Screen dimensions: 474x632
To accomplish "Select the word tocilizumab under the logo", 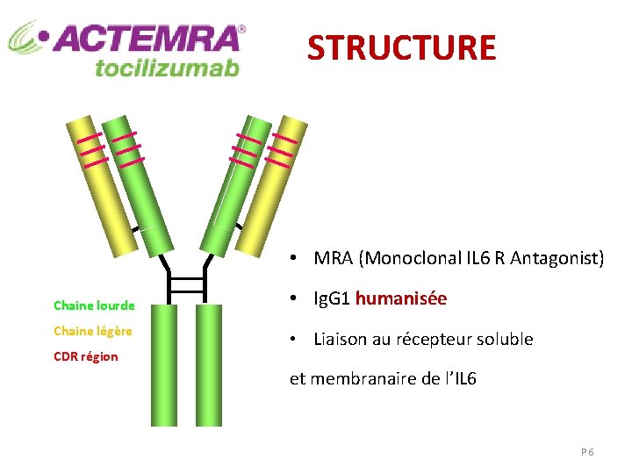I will click(167, 67).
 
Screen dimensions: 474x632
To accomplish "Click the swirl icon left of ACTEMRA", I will click(27, 38).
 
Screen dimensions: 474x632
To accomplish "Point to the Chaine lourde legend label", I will click(94, 305).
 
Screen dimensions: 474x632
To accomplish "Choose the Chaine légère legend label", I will click(93, 331).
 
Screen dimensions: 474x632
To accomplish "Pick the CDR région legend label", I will click(86, 356).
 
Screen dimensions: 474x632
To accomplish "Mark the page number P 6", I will click(587, 451).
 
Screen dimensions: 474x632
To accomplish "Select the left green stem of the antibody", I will click(162, 364).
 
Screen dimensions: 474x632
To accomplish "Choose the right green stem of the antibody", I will click(209, 364).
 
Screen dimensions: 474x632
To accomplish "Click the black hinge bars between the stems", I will click(186, 285).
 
